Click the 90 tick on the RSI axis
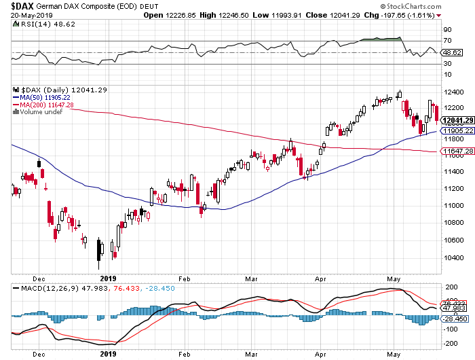[448, 30]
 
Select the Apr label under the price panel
[320, 278]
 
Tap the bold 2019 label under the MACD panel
[109, 354]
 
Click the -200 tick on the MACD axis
[449, 343]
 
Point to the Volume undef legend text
[41, 112]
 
